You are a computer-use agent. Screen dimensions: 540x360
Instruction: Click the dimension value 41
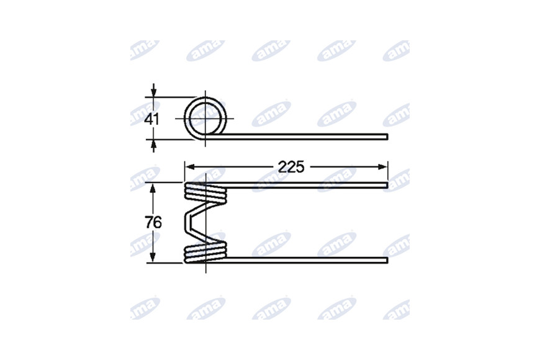(151, 119)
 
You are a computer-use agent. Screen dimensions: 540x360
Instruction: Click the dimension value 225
(291, 167)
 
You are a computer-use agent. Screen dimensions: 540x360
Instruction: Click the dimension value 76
(153, 223)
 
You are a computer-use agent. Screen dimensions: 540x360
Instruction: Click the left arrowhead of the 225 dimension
(190, 167)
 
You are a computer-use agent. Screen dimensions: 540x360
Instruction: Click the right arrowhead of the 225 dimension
(382, 167)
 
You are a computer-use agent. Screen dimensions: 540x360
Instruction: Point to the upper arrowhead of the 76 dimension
(153, 188)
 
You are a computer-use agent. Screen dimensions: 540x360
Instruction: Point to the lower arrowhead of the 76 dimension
(153, 257)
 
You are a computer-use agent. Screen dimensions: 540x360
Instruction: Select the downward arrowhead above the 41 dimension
(153, 92)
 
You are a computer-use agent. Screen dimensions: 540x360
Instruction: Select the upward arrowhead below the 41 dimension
(153, 145)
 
